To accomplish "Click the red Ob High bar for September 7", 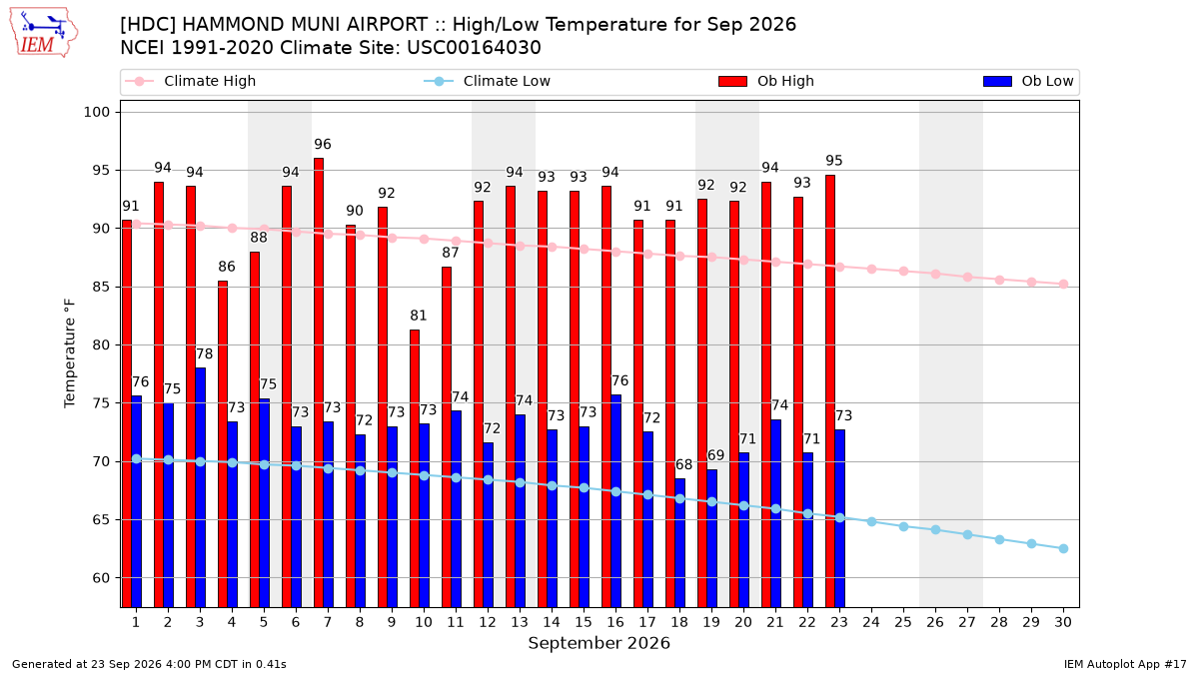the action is pyautogui.click(x=319, y=382).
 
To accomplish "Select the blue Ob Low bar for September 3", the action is pyautogui.click(x=200, y=487).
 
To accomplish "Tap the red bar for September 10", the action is pyautogui.click(x=415, y=468).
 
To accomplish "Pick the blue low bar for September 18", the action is pyautogui.click(x=679, y=543).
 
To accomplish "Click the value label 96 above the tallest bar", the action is pyautogui.click(x=323, y=144).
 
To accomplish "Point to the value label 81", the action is pyautogui.click(x=419, y=316).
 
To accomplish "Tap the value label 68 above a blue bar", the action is pyautogui.click(x=684, y=464).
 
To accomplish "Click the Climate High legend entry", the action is pyautogui.click(x=191, y=81).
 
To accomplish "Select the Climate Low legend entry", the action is pyautogui.click(x=488, y=81).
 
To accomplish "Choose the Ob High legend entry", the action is pyautogui.click(x=766, y=81).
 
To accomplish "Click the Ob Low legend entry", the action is pyautogui.click(x=1028, y=81).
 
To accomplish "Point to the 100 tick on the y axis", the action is pyautogui.click(x=97, y=112).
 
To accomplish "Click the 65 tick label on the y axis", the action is pyautogui.click(x=101, y=520).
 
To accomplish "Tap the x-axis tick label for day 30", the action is pyautogui.click(x=1063, y=623).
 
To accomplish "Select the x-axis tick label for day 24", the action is pyautogui.click(x=871, y=623).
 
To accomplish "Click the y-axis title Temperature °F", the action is pyautogui.click(x=70, y=353).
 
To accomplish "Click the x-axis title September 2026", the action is pyautogui.click(x=599, y=643).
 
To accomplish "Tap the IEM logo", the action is pyautogui.click(x=43, y=33).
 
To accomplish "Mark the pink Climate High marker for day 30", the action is pyautogui.click(x=1063, y=285).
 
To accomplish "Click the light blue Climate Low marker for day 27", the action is pyautogui.click(x=968, y=535).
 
